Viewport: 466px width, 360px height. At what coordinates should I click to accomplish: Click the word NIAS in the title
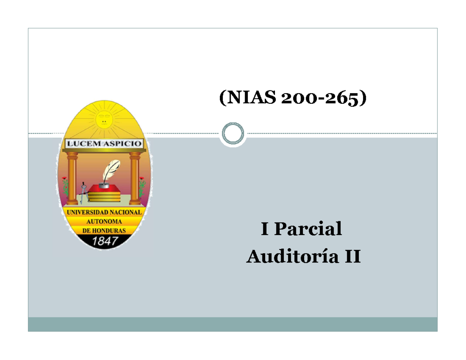251,97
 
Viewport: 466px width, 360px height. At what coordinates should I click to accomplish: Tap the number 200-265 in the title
320,98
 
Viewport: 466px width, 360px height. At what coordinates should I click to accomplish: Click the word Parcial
308,229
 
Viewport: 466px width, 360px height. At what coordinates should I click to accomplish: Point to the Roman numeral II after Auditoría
353,256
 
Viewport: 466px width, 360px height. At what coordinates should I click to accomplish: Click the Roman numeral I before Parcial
264,229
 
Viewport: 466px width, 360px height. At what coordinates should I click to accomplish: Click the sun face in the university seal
104,121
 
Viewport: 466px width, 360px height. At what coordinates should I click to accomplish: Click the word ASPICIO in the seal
123,143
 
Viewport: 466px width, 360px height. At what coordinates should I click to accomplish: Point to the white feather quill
111,170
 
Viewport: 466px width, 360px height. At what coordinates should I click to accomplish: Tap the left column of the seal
72,178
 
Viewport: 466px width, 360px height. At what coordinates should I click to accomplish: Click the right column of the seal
135,178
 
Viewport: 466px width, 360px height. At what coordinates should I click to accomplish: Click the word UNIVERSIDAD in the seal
88,212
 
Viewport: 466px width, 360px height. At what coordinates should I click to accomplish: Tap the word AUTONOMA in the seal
104,221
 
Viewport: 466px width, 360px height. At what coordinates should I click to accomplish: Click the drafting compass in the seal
83,193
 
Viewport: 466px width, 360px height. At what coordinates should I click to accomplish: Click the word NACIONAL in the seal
126,212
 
